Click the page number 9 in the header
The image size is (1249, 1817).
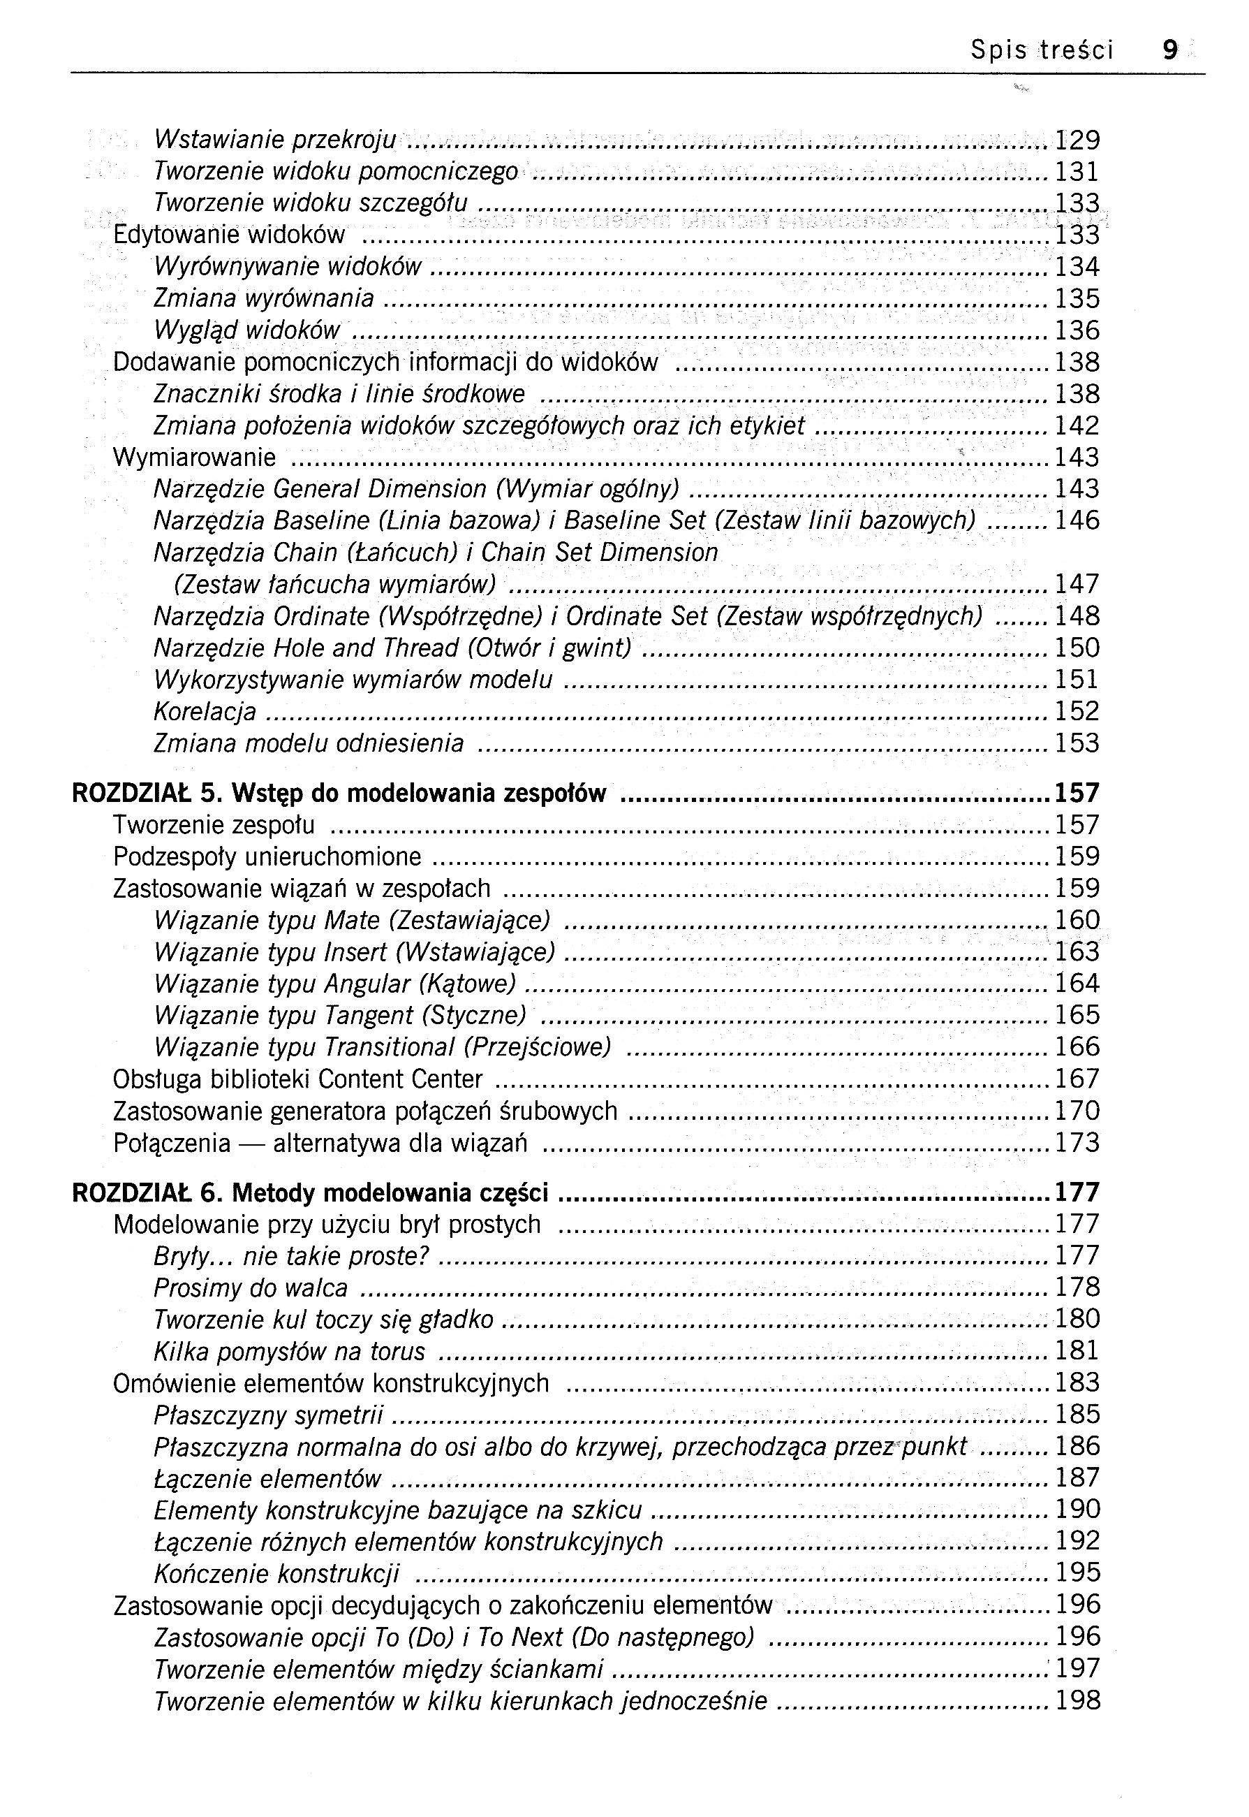[1170, 50]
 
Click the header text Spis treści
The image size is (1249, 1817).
[1042, 50]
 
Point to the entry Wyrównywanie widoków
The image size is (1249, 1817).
[287, 267]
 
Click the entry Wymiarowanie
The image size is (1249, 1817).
[194, 457]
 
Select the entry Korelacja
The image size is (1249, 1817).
[205, 711]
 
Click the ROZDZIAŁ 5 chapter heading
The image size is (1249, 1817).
[339, 794]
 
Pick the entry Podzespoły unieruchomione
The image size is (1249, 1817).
[267, 857]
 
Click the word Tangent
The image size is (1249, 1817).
[369, 1015]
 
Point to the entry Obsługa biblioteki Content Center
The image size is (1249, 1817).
[297, 1079]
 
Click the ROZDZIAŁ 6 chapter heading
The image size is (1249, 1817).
[310, 1193]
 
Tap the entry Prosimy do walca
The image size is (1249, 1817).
[251, 1287]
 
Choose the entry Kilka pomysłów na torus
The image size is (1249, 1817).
[289, 1351]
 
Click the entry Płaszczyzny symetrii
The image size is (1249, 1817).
[268, 1415]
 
